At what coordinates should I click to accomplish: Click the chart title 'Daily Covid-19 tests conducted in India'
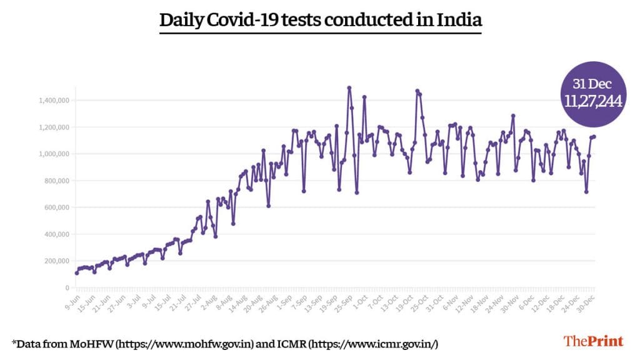pyautogui.click(x=320, y=20)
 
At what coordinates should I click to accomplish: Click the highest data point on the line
pyautogui.click(x=349, y=87)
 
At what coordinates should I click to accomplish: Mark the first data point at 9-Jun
pyautogui.click(x=77, y=272)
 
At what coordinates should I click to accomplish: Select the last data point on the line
pyautogui.click(x=594, y=136)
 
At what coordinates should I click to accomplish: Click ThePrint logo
pyautogui.click(x=594, y=341)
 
